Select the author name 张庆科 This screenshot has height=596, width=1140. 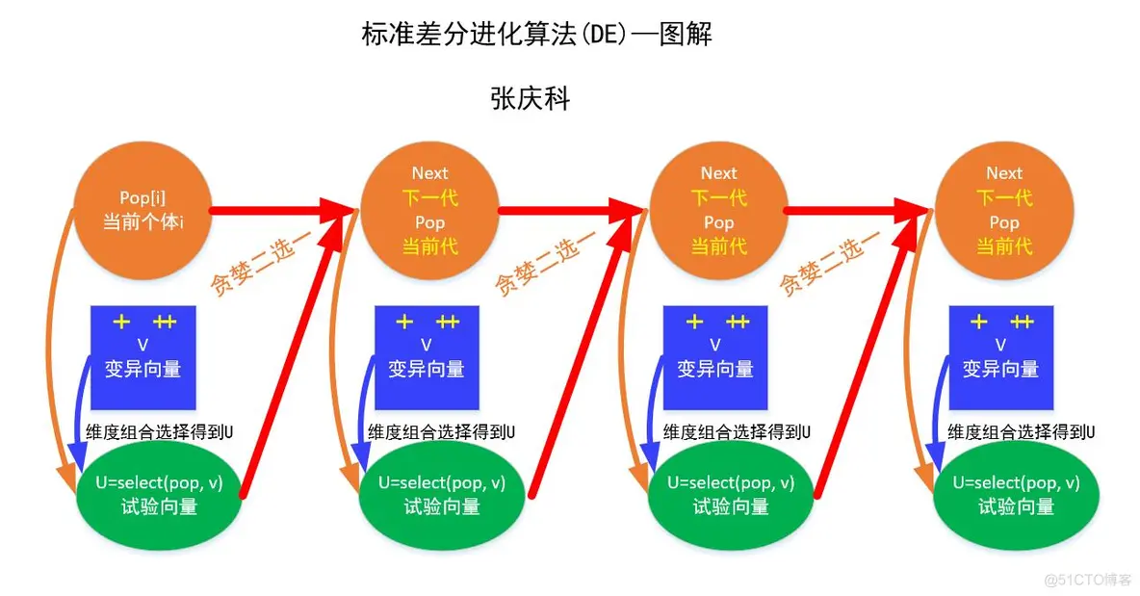coord(531,98)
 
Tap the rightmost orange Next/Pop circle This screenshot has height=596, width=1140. coord(1004,209)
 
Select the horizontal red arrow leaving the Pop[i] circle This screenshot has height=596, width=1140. coord(274,210)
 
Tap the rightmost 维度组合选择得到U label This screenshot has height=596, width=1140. coord(1022,431)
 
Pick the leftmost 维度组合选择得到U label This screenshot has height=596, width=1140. coord(160,431)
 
